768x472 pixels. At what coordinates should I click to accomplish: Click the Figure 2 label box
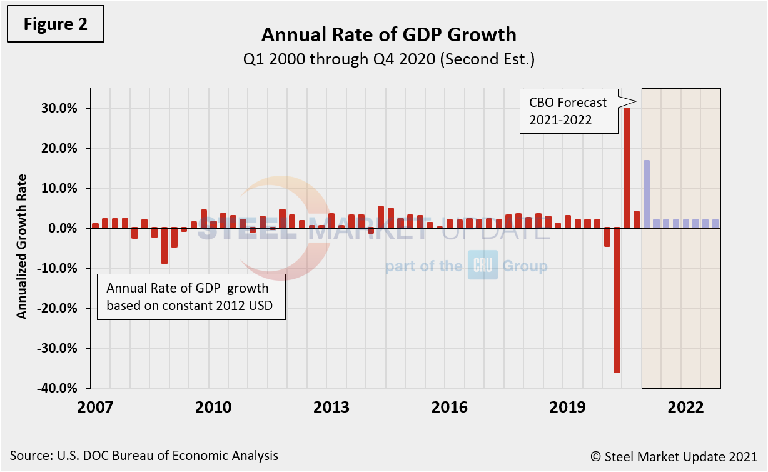55,24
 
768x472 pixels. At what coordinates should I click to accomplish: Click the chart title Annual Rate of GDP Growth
388,34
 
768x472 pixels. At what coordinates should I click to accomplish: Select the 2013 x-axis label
331,408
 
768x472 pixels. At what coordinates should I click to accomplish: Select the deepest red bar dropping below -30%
617,300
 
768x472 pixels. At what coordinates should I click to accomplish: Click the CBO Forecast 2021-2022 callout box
567,111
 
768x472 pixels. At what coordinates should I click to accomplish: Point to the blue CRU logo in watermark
483,265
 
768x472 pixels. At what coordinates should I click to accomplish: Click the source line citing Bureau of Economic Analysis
144,456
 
